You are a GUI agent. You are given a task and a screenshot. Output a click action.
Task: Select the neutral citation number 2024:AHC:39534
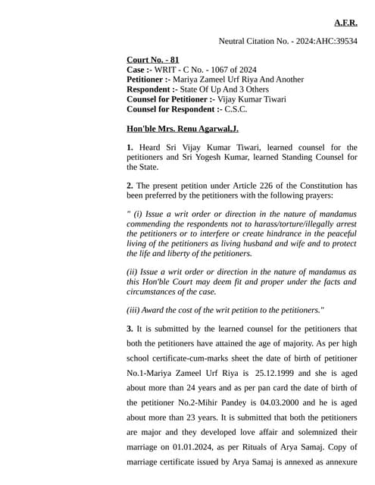click(x=323, y=41)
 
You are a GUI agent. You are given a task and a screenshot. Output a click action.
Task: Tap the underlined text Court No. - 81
click(x=153, y=60)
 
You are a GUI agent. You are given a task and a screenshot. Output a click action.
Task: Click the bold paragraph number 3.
click(x=130, y=330)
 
